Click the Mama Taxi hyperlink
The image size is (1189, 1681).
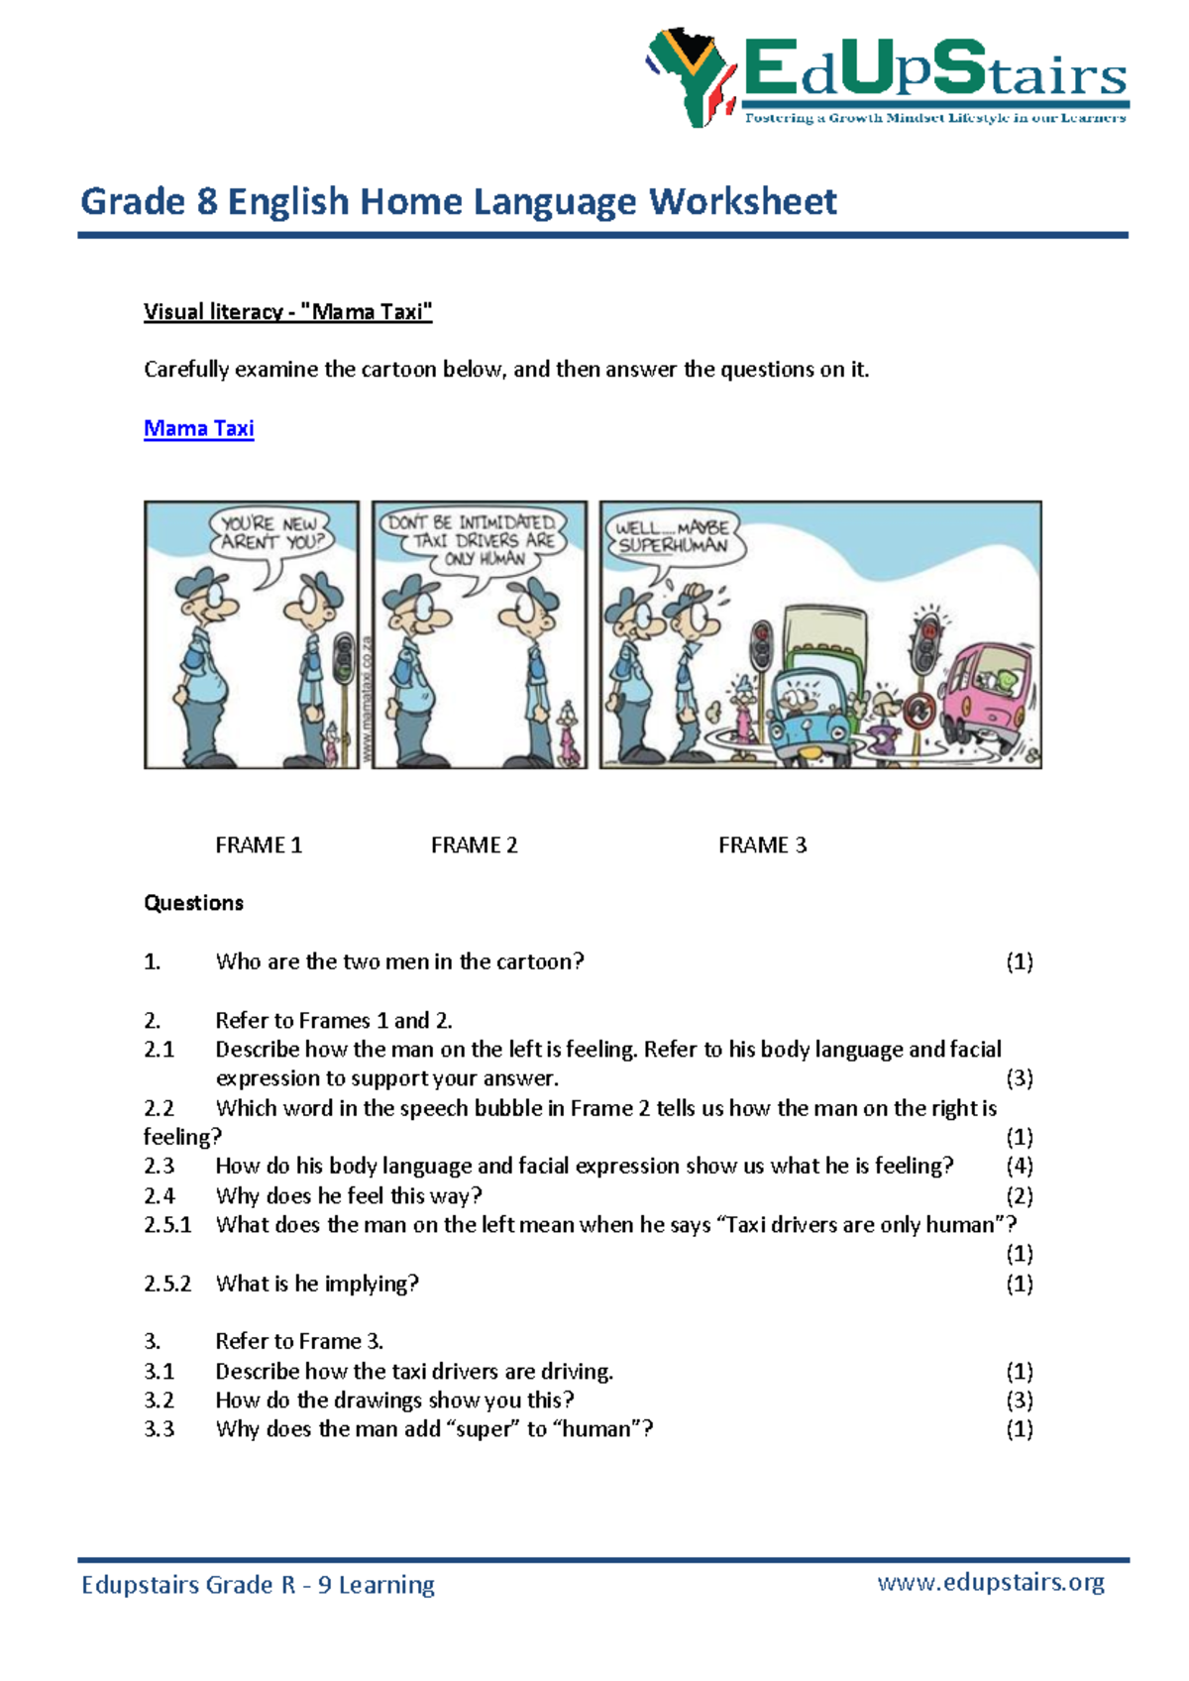click(198, 428)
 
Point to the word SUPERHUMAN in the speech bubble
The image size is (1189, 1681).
click(673, 546)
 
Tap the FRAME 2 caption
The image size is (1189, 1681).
click(474, 845)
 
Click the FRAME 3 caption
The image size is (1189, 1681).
click(762, 845)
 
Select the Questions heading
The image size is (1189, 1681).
click(193, 903)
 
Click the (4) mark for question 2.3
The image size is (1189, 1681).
click(1019, 1166)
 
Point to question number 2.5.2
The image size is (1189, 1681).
click(167, 1284)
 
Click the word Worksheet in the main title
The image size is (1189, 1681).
click(743, 201)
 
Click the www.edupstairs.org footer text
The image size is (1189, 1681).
click(990, 1582)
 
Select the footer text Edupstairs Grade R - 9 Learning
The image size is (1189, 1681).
click(258, 1584)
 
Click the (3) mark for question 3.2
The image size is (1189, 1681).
click(1019, 1401)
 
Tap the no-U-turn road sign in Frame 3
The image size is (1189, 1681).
click(919, 710)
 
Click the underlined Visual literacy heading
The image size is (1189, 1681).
click(287, 312)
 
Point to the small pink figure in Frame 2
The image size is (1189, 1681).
click(568, 733)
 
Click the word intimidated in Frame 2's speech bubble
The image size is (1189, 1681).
click(506, 522)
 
